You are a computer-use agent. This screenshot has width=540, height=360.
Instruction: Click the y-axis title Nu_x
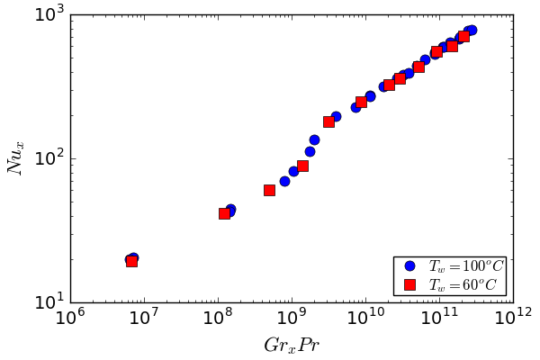[x=15, y=158]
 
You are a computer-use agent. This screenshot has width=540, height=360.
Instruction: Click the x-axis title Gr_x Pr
[x=292, y=346]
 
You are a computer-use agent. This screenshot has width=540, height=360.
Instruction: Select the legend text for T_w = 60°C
[x=463, y=284]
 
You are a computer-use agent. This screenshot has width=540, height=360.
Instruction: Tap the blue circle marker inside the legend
[x=409, y=266]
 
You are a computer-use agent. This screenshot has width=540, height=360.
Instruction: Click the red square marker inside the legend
[x=409, y=284]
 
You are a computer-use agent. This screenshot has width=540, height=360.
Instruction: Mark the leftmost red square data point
[x=131, y=261]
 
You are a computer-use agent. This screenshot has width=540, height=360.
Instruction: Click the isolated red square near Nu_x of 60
[x=269, y=190]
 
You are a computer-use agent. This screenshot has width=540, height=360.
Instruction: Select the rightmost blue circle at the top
[x=471, y=31]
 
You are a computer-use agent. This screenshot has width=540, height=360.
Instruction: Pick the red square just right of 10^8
[x=224, y=213]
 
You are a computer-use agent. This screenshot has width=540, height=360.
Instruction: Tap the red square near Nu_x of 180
[x=328, y=121]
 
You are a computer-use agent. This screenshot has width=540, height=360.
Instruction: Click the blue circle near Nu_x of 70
[x=284, y=181]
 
